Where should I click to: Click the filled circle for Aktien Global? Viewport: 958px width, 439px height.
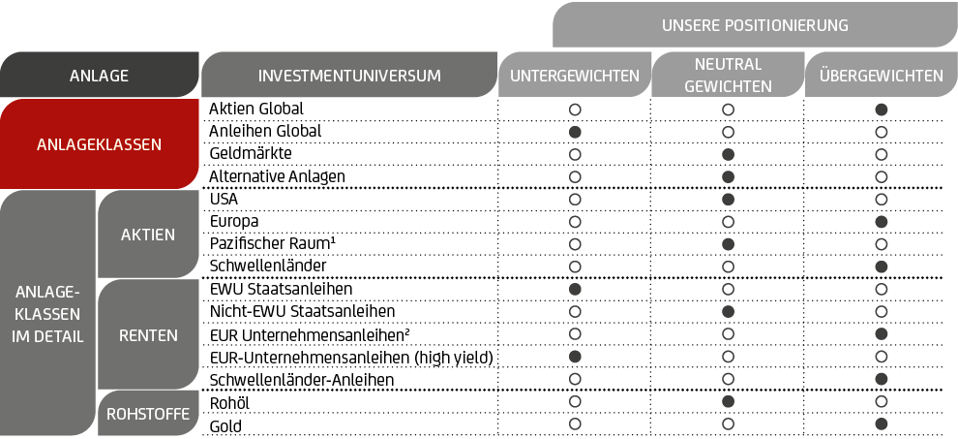coord(881,110)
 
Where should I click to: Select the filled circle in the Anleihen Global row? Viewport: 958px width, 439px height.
coord(574,132)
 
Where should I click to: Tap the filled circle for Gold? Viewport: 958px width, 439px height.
coord(881,423)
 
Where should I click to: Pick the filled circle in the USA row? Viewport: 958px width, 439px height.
coord(728,199)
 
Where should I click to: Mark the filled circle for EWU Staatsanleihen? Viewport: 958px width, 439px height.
coord(574,289)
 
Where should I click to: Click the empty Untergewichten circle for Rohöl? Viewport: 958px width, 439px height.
coord(574,401)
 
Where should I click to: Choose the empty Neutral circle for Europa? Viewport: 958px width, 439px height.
coord(728,222)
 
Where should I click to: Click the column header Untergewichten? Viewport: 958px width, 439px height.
coord(574,76)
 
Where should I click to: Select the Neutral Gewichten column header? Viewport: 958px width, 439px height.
coord(728,75)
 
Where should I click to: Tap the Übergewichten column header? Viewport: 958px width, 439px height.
coord(881,76)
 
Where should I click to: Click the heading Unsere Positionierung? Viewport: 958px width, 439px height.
coord(755,25)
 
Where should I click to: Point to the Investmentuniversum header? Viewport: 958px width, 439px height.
coord(349,76)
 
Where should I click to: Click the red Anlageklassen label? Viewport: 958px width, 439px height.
coord(99,144)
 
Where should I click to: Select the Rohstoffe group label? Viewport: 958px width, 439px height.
coord(148,414)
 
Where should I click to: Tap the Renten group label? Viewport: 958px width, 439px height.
coord(148,335)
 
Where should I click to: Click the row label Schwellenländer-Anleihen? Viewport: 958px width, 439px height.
coord(301,380)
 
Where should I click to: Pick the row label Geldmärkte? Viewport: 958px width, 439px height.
coord(251,154)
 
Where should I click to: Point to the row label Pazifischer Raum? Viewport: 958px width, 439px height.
coord(273,243)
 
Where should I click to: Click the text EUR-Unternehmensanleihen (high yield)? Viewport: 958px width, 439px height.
coord(350,358)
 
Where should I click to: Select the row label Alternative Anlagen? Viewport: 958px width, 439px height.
coord(277,176)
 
